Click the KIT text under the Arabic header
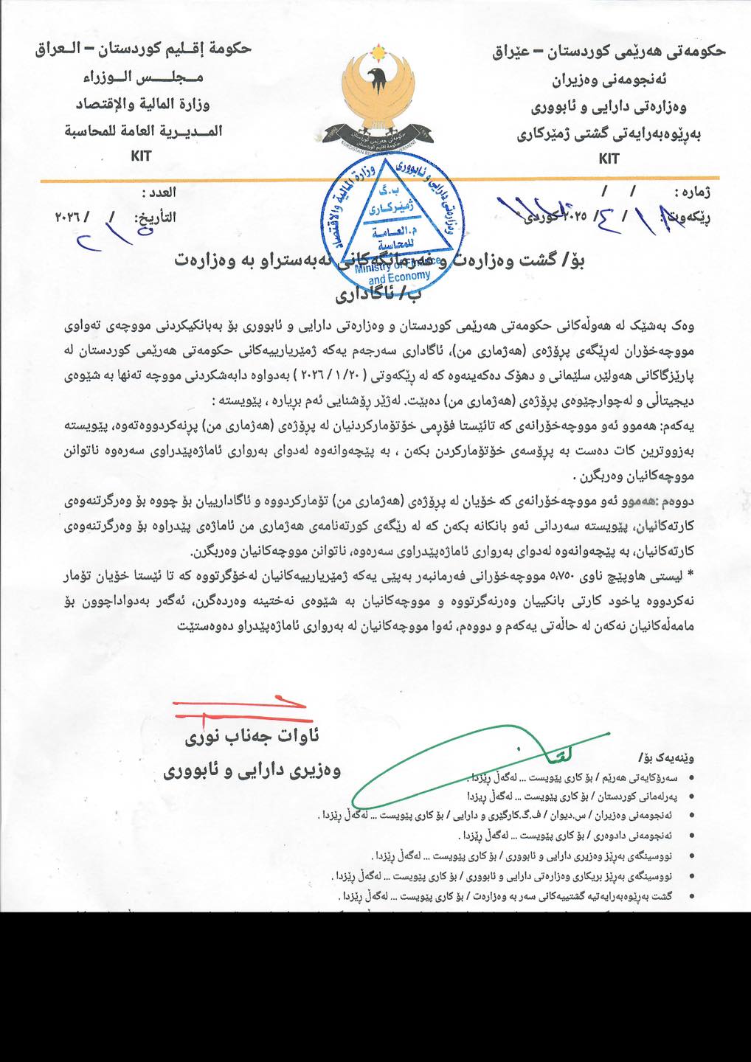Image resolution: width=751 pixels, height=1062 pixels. [141, 156]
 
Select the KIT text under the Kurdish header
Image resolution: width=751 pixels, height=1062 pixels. [609, 158]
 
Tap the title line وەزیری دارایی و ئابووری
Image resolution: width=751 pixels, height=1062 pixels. [252, 771]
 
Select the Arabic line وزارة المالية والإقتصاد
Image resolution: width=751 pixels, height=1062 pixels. [143, 104]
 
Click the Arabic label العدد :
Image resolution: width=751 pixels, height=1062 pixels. [159, 192]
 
